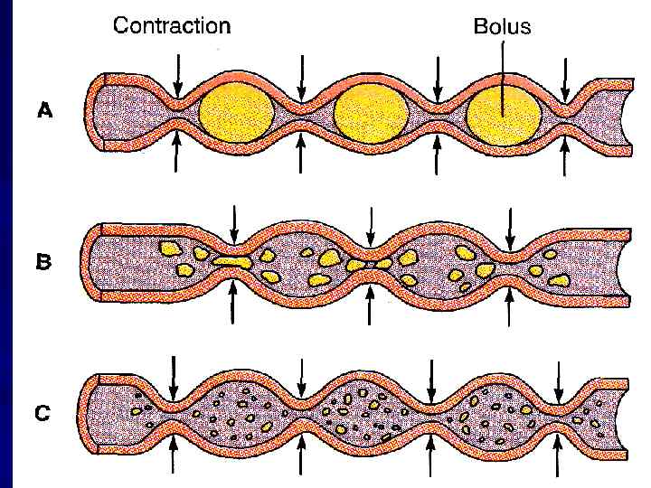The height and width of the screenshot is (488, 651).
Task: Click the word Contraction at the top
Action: [171, 24]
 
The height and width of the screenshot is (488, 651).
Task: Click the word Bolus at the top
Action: [502, 26]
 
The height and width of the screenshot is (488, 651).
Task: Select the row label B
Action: [44, 263]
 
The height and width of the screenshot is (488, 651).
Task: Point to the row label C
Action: [42, 414]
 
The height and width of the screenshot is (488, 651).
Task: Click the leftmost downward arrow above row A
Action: [178, 72]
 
